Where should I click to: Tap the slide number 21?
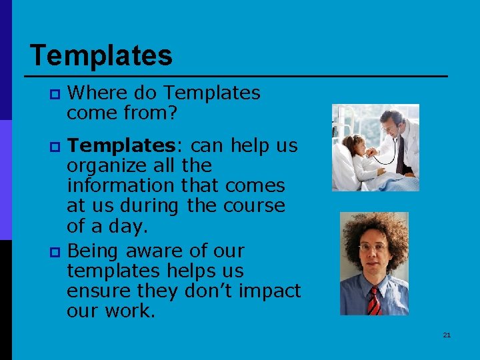(x=447, y=335)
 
